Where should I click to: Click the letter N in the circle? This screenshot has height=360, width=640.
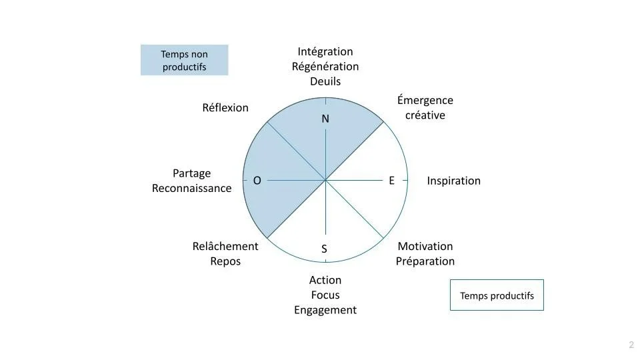point(325,119)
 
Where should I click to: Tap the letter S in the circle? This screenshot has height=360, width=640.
point(324,249)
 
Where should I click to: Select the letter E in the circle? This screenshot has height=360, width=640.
point(391,180)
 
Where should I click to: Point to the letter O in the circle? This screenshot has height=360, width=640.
point(257,181)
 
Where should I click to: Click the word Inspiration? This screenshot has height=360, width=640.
point(453,181)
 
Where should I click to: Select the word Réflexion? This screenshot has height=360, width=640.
point(225,107)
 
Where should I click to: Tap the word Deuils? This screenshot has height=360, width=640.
point(325,81)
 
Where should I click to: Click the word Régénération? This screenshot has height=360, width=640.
point(325,67)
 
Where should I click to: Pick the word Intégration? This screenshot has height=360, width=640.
point(325,51)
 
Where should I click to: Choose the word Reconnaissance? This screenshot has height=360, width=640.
point(192,188)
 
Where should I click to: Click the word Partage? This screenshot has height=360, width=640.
point(192,173)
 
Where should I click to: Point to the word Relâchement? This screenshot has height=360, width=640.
point(225,246)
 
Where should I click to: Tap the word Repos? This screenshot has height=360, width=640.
point(225,261)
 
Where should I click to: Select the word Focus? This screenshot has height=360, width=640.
point(325,295)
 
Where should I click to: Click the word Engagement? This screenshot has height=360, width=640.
point(325,310)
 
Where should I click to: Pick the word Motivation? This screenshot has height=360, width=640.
point(425,246)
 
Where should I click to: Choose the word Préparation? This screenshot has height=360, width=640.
point(425,261)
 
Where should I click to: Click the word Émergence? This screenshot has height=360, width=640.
point(425,100)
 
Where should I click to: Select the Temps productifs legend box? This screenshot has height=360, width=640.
point(497,295)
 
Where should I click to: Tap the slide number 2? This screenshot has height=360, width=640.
point(631,345)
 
